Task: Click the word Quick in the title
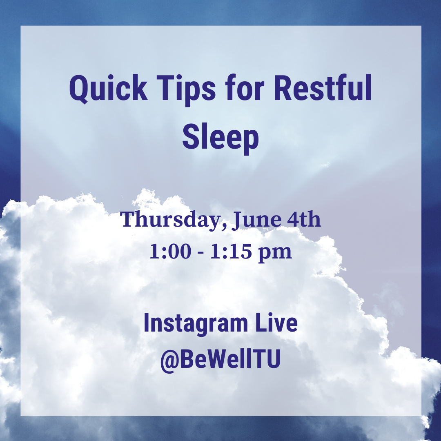(108, 89)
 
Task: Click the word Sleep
(220, 138)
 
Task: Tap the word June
(256, 220)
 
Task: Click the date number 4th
(304, 219)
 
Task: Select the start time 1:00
(170, 251)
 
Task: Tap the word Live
(276, 323)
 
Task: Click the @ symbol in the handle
(170, 359)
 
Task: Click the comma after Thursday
(224, 225)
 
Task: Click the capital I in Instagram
(146, 323)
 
